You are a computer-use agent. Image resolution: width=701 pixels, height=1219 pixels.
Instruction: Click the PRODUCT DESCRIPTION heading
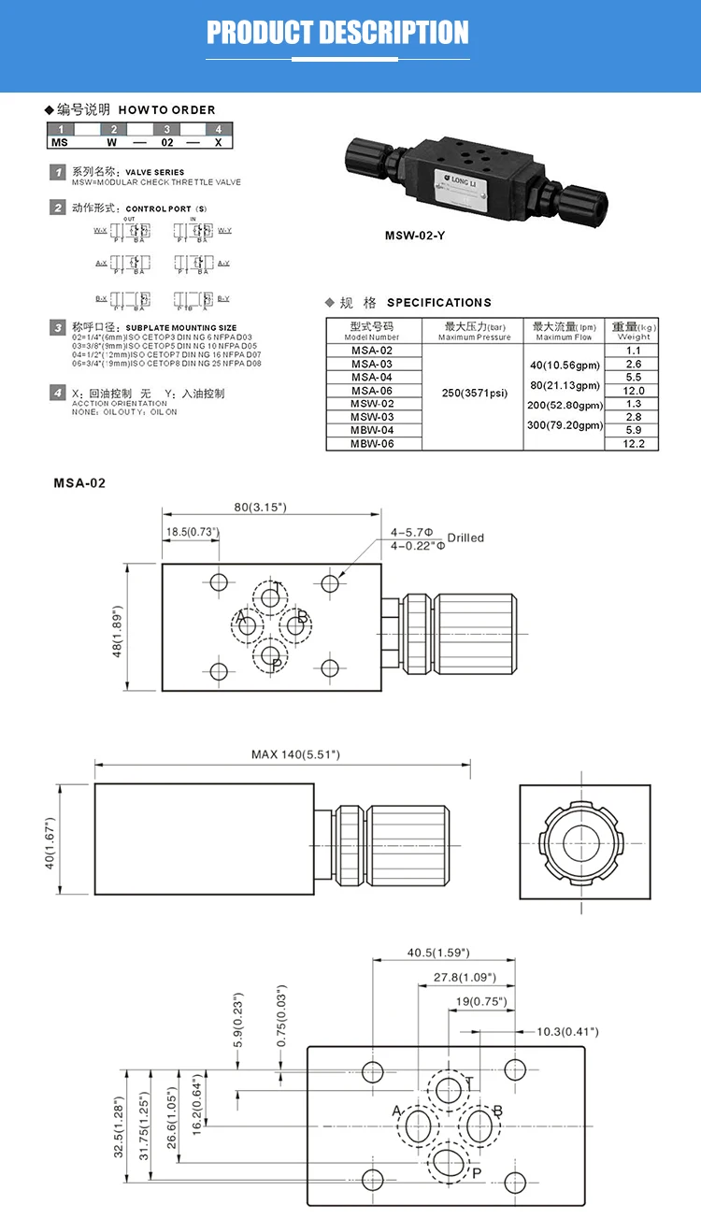tap(337, 33)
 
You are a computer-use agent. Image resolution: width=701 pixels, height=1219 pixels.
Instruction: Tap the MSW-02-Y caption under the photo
tap(415, 236)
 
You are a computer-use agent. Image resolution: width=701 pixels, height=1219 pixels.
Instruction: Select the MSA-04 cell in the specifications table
tap(372, 377)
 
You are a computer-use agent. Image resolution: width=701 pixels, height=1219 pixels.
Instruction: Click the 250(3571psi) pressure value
tap(475, 393)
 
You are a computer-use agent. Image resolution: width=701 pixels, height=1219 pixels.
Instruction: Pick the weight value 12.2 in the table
tap(634, 443)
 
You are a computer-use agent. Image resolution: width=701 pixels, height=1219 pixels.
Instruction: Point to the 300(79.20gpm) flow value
tap(565, 425)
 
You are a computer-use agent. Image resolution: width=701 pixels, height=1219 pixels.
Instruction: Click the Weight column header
tap(634, 331)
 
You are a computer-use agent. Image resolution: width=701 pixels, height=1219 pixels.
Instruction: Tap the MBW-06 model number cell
tap(372, 443)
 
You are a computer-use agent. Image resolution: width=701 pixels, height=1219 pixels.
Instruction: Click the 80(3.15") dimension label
tap(260, 507)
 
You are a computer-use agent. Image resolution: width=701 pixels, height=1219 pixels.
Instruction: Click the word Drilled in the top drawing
tap(465, 538)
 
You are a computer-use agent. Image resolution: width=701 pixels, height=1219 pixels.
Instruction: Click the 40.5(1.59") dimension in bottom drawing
tap(438, 953)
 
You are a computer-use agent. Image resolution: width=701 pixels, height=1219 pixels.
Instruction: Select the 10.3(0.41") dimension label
tap(567, 1031)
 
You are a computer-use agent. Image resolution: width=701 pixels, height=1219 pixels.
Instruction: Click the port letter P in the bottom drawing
tap(476, 1172)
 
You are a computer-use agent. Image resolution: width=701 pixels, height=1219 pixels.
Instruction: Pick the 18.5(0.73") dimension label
tap(193, 532)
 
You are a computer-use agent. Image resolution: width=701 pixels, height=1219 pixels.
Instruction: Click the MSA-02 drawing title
tap(79, 483)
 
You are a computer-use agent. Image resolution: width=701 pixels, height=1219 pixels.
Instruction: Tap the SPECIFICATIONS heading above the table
tap(438, 303)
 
